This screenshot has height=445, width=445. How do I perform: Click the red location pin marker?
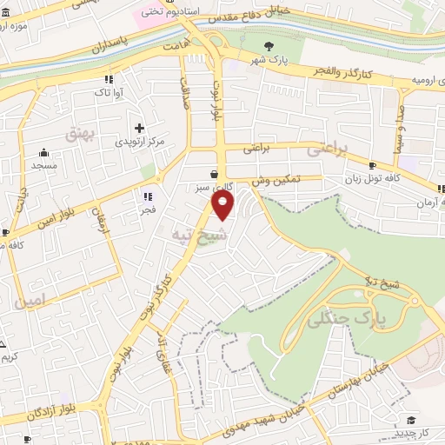pyautogui.click(x=223, y=206)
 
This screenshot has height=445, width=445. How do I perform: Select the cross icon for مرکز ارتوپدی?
pyautogui.click(x=139, y=128)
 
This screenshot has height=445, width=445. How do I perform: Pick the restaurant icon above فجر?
pyautogui.click(x=149, y=196)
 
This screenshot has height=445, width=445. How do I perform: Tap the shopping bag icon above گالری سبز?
pyautogui.click(x=215, y=172)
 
